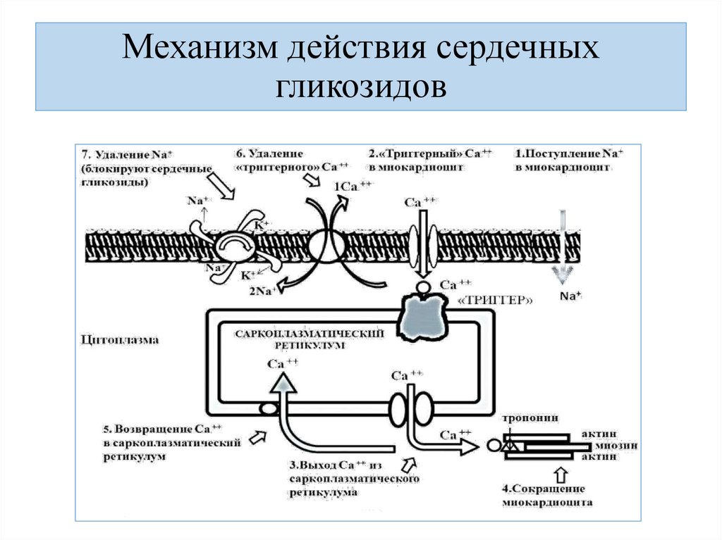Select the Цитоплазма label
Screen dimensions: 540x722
click(x=119, y=339)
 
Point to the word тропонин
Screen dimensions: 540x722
click(x=530, y=418)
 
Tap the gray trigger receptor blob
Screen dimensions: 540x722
click(x=425, y=315)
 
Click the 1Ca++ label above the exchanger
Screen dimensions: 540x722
click(x=353, y=186)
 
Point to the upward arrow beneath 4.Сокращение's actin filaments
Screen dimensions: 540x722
click(x=561, y=472)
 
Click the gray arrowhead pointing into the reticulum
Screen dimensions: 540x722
click(x=283, y=382)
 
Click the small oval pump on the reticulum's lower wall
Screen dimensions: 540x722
click(x=268, y=408)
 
